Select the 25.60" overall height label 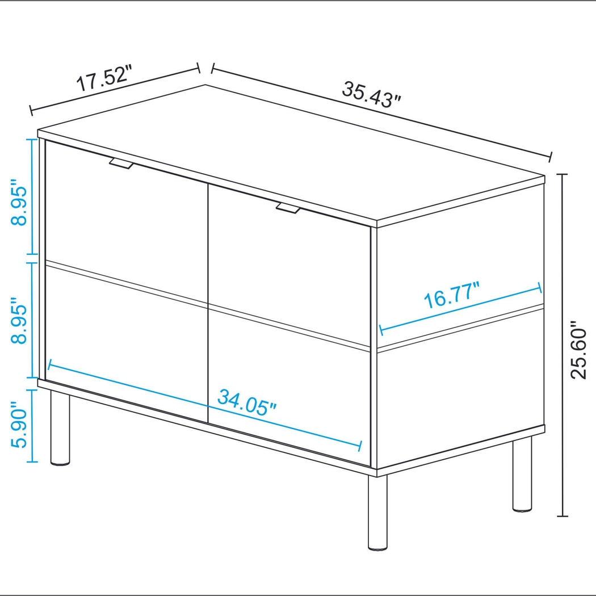pyautogui.click(x=579, y=351)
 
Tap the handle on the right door pyautogui.click(x=288, y=208)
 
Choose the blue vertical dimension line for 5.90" pyautogui.click(x=33, y=426)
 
